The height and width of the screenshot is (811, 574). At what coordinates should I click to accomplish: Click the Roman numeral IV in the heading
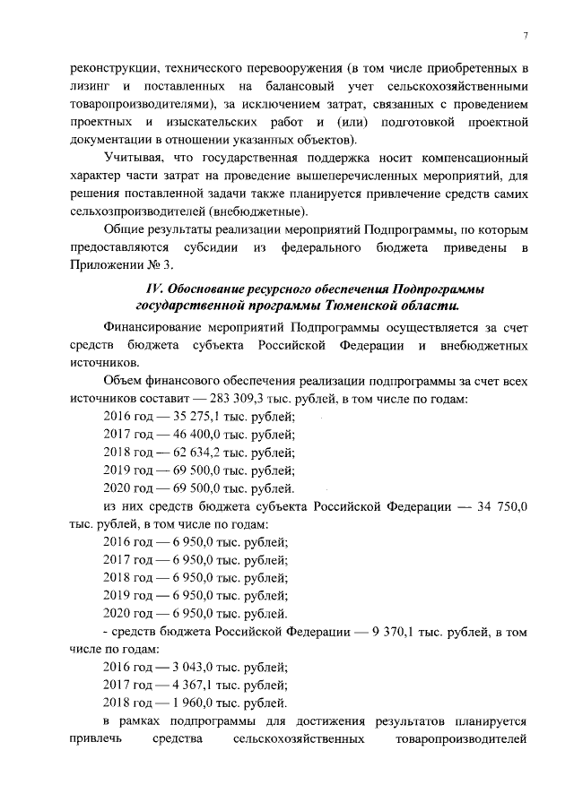[x=154, y=288]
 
